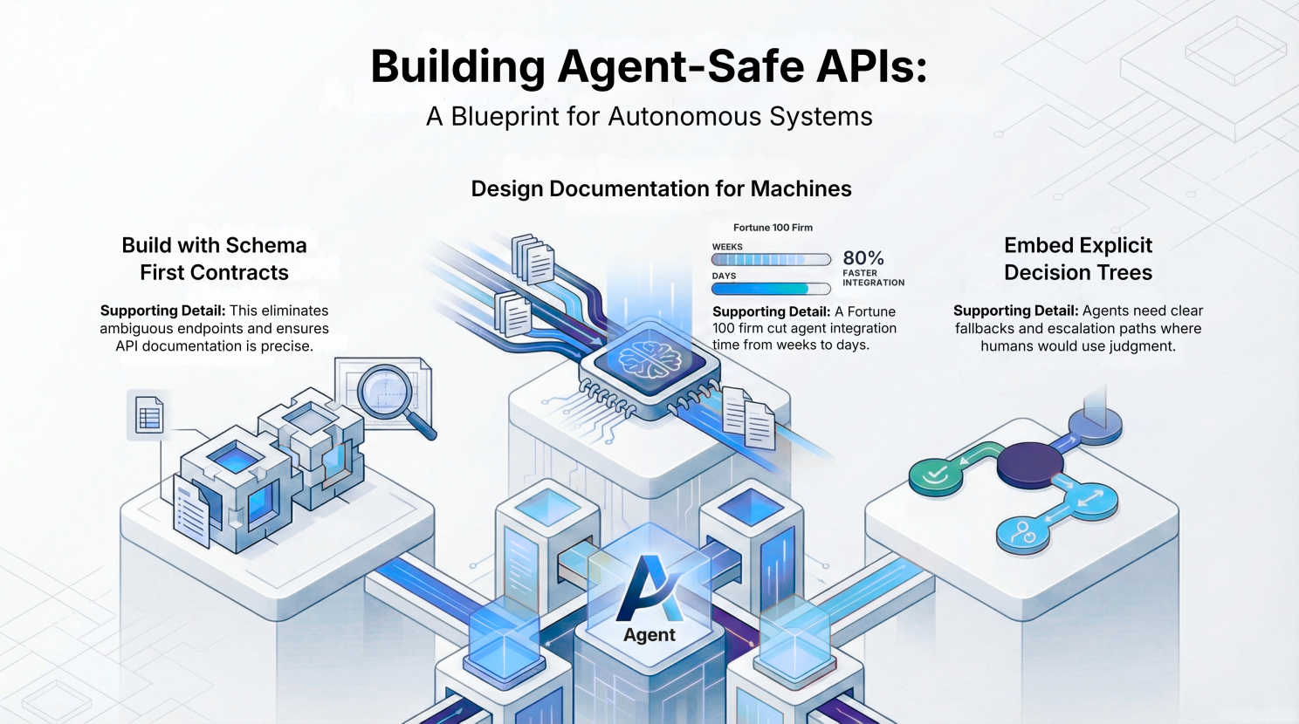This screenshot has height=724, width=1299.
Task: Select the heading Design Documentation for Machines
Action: pos(661,188)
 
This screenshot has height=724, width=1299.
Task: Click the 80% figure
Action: pos(863,258)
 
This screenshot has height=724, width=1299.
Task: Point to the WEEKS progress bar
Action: pos(771,259)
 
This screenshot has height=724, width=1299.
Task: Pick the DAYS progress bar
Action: pos(771,289)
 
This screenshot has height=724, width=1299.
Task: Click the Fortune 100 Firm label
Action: pos(773,228)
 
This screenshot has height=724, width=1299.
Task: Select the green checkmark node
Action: pos(935,475)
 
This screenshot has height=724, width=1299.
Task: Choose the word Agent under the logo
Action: pos(649,635)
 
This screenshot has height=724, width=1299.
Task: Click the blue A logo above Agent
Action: pos(649,587)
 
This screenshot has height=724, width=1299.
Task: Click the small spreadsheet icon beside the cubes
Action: pos(149,416)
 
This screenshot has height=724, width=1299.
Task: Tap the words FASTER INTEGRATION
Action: pos(873,277)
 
